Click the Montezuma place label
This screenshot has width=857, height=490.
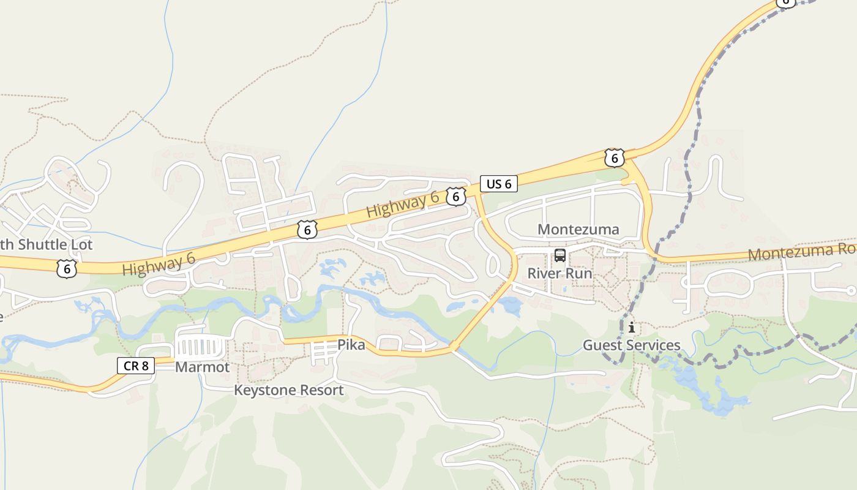(x=578, y=230)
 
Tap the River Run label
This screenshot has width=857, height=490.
(x=559, y=273)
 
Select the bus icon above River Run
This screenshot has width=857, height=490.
(x=559, y=255)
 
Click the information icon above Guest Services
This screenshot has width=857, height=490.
(x=631, y=328)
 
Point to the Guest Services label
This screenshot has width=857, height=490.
(x=631, y=345)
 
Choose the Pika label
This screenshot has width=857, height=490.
(x=351, y=345)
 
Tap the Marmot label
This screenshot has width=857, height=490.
(x=202, y=367)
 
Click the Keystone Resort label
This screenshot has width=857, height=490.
(x=288, y=390)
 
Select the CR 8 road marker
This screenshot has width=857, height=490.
(x=136, y=366)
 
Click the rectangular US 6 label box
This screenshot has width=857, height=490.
(x=499, y=184)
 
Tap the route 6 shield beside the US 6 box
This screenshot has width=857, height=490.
(x=455, y=197)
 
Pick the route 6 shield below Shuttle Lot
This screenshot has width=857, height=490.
(x=66, y=268)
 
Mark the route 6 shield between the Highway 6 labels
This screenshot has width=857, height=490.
(x=307, y=230)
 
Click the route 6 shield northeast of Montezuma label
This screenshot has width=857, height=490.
(x=614, y=158)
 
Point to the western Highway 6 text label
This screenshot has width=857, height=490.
(x=159, y=265)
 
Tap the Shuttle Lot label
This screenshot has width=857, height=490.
(x=46, y=245)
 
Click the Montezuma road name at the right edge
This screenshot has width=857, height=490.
(x=802, y=252)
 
